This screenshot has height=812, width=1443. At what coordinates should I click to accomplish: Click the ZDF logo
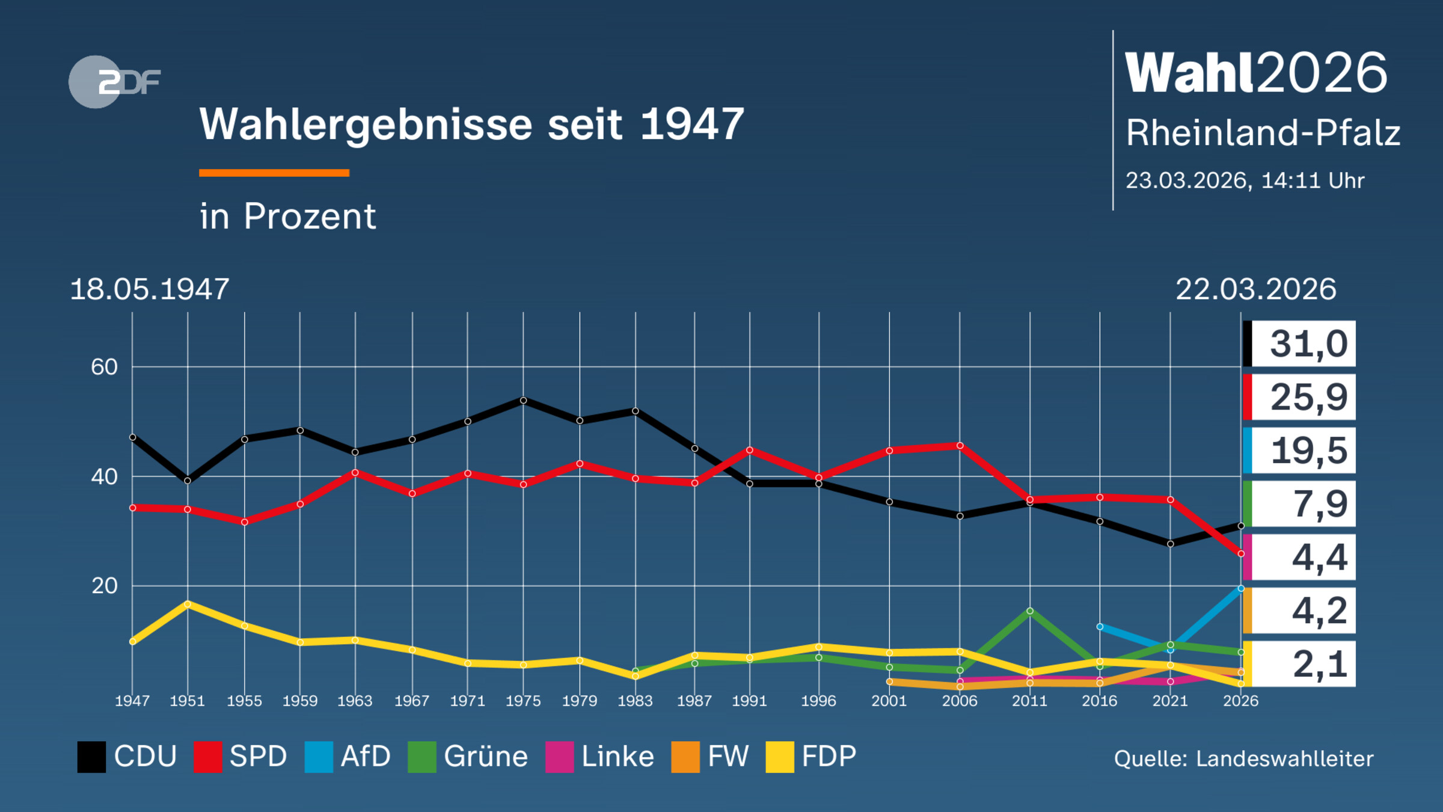point(114,82)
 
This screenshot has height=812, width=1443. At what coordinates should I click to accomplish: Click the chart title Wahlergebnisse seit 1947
point(471,125)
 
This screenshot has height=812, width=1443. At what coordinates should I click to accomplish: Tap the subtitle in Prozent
point(287,217)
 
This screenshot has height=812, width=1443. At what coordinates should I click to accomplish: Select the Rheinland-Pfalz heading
point(1263,133)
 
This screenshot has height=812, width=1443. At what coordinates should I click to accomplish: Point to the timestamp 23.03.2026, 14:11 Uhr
point(1245,180)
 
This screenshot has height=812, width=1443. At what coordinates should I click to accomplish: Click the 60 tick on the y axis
point(104,367)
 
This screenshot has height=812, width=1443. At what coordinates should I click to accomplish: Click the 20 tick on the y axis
point(104,586)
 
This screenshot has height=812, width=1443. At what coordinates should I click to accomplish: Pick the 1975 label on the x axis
point(522,701)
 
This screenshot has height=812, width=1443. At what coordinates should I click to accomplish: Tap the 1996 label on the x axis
point(818,701)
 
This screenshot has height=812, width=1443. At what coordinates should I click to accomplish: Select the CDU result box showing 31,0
point(1299,343)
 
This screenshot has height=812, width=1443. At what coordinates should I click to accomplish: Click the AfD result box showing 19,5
point(1299,451)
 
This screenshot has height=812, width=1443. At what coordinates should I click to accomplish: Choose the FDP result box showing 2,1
point(1299,664)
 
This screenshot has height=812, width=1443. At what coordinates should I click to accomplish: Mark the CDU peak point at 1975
point(523,400)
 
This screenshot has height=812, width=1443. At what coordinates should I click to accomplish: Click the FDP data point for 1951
point(188,603)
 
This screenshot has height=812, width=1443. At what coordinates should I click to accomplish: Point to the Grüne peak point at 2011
point(1030,611)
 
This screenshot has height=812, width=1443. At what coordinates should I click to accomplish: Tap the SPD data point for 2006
point(960,446)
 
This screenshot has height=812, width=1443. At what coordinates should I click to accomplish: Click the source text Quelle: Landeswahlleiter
point(1243,759)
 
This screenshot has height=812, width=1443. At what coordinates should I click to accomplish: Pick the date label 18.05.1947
point(149,289)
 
